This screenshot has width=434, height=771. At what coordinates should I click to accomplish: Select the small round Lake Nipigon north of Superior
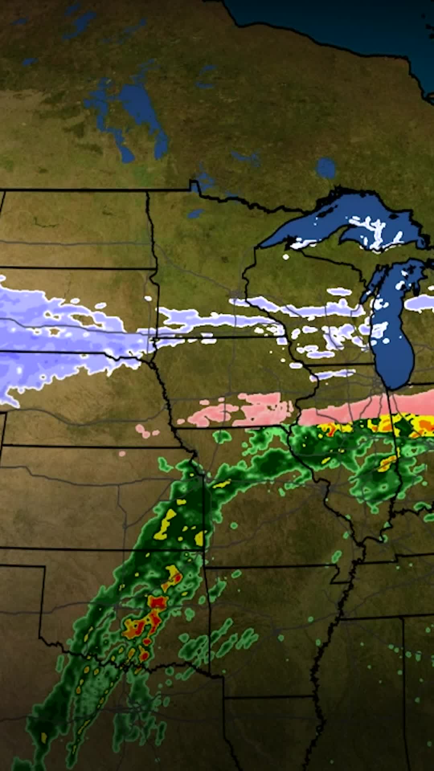pos(325,168)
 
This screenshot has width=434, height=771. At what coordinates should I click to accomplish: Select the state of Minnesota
pos(197,257)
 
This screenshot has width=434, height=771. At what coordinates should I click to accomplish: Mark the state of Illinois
pos(354,462)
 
